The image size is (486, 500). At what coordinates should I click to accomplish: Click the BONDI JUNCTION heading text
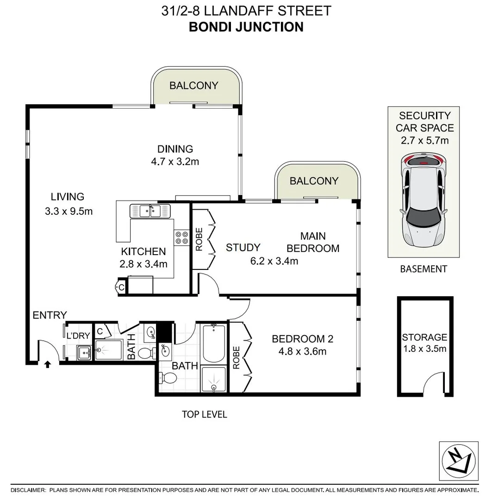pyautogui.click(x=246, y=27)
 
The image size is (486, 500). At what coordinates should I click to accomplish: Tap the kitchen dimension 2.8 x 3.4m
pyautogui.click(x=143, y=264)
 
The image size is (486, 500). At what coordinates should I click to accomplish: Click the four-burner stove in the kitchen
pyautogui.click(x=181, y=237)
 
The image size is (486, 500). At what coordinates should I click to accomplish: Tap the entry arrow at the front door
pyautogui.click(x=47, y=365)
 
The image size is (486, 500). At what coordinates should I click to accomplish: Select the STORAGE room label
pyautogui.click(x=424, y=337)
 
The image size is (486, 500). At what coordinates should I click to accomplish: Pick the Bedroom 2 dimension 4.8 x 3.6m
pyautogui.click(x=302, y=351)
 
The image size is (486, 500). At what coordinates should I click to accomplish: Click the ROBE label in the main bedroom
pyautogui.click(x=199, y=239)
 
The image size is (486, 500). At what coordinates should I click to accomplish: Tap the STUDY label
pyautogui.click(x=243, y=248)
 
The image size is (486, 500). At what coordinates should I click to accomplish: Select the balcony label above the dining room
pyautogui.click(x=193, y=86)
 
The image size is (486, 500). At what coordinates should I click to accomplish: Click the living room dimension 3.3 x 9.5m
pyautogui.click(x=69, y=212)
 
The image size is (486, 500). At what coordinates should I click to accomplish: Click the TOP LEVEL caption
pyautogui.click(x=204, y=414)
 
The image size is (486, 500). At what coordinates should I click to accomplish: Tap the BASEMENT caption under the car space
pyautogui.click(x=424, y=269)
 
